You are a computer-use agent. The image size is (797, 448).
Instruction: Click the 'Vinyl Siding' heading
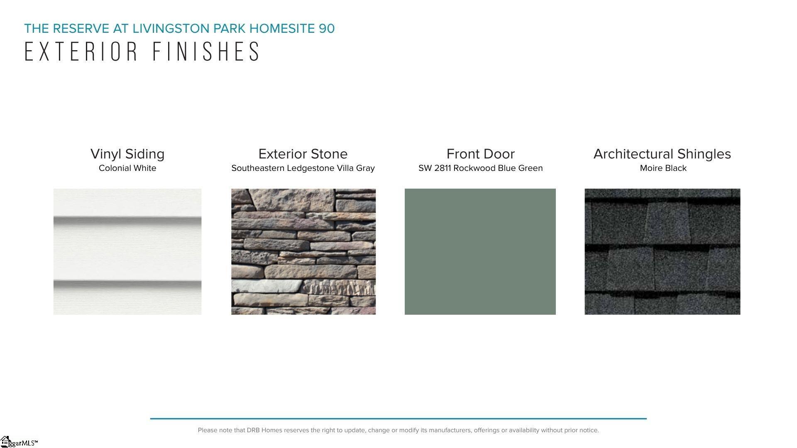pos(127,154)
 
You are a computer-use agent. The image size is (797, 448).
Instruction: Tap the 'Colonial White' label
pos(127,168)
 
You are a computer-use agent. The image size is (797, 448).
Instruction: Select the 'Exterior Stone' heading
pos(303,154)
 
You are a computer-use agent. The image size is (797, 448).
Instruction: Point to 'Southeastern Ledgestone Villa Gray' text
pos(303,168)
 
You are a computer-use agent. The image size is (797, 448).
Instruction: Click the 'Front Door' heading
pos(481,154)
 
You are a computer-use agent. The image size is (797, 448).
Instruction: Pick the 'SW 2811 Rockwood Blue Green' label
pos(481,168)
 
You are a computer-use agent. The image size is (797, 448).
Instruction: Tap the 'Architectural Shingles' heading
pos(662,154)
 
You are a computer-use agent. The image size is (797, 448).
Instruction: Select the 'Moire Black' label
pos(663,168)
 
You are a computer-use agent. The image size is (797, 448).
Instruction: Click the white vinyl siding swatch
pos(127,251)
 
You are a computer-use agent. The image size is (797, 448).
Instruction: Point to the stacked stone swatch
pos(303,251)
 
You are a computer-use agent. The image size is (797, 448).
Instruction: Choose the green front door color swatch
pos(480,251)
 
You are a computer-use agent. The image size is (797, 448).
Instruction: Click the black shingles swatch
pos(663,251)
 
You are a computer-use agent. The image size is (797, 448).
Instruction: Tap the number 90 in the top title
pos(327,29)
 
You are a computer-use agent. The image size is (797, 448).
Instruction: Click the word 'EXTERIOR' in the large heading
pos(81,51)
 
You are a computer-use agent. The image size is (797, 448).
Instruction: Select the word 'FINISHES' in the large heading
pos(206,51)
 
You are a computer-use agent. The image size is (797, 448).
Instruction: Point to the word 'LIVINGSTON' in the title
pos(171,29)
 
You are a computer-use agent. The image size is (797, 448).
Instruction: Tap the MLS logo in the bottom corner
pos(19,442)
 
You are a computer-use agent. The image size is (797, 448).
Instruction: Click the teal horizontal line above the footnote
pos(398,419)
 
